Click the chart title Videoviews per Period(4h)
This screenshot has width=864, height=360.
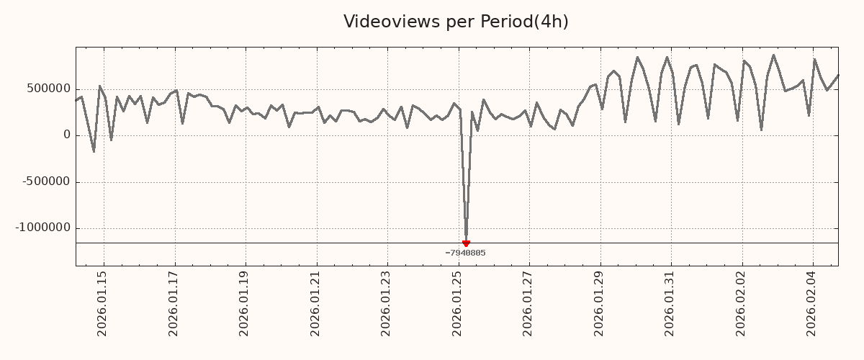coord(456,22)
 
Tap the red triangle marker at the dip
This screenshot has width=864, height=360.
coord(466,243)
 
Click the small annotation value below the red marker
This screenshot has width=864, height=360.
coord(465,253)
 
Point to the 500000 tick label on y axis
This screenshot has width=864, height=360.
coord(50,89)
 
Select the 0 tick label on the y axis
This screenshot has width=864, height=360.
coord(67,135)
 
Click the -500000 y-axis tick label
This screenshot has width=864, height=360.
coord(47,181)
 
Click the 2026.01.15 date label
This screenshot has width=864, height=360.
coord(102,303)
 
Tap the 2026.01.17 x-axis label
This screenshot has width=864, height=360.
coord(173,303)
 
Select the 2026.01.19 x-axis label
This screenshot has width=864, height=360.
coord(243,303)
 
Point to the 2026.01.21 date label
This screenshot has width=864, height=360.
coord(315,303)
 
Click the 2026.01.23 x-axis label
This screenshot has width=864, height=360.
coord(385,303)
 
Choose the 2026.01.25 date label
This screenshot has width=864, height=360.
coord(456,303)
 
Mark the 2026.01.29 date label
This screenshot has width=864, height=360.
coord(598,303)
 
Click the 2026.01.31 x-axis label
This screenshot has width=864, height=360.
coord(670,303)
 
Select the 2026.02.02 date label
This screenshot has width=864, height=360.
coord(740,303)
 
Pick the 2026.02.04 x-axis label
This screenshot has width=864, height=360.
coord(811,303)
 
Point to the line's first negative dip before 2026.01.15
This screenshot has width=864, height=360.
coord(94,151)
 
